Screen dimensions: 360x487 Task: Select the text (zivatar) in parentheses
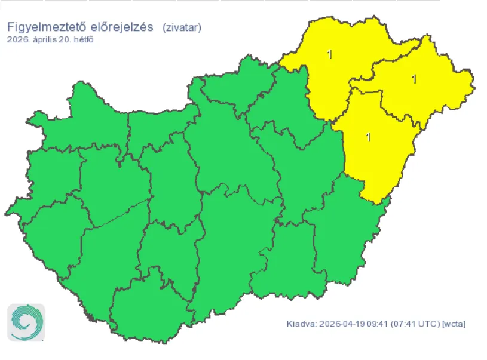182,27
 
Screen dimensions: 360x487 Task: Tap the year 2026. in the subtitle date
19,39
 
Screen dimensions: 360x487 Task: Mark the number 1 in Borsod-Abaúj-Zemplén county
330,55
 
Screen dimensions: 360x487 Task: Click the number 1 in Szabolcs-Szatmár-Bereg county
414,78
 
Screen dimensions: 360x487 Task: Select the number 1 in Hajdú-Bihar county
369,137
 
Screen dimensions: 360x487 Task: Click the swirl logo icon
26,322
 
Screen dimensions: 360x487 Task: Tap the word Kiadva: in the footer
301,324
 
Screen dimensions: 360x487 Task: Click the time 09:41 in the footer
376,324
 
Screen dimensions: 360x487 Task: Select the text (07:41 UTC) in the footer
415,324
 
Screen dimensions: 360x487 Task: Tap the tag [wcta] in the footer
454,324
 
